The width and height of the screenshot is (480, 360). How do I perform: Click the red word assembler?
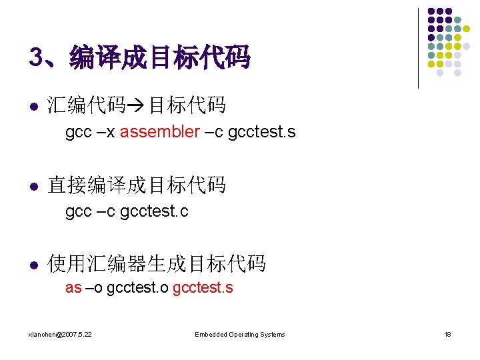pos(159,132)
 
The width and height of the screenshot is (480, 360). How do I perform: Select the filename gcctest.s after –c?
pos(261,132)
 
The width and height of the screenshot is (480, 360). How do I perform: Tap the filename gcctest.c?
pos(155,212)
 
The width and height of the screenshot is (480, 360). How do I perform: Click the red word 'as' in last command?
pos(73,289)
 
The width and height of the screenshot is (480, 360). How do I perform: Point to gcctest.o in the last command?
pos(137,289)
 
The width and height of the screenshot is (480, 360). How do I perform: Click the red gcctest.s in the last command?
pos(203,289)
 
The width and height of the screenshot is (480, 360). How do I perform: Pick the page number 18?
pos(447,334)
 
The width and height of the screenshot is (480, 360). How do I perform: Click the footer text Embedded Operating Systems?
pos(239,334)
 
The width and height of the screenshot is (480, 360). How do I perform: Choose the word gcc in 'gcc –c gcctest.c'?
pos(78,212)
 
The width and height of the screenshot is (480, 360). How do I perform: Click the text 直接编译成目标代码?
pos(137,185)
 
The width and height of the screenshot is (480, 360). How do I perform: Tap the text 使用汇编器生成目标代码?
pos(157,264)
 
